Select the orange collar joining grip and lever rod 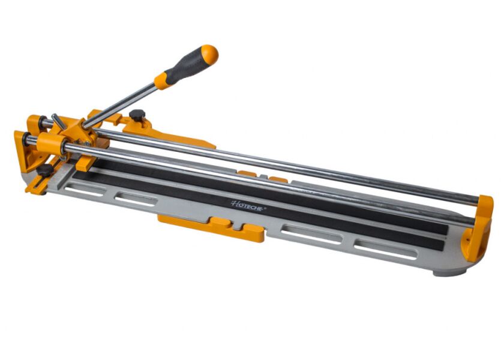point(161,80)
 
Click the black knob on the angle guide point(44,171)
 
